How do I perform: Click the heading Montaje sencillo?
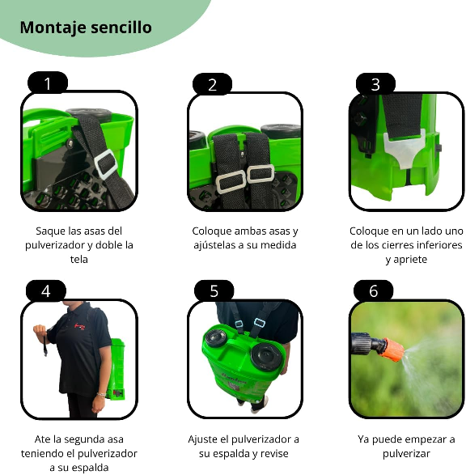(x=85, y=27)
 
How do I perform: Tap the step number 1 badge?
(x=48, y=83)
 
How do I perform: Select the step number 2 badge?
(x=213, y=84)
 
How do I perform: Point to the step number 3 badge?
(x=375, y=84)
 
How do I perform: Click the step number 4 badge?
(x=46, y=291)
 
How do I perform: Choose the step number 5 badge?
(x=214, y=291)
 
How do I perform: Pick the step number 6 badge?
(x=373, y=291)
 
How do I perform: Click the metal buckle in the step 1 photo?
(x=105, y=165)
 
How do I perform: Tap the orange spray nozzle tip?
(x=393, y=350)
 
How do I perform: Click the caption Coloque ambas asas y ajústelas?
(x=244, y=238)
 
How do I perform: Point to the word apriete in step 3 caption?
(x=406, y=260)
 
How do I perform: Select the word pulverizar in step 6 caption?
(x=406, y=453)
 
